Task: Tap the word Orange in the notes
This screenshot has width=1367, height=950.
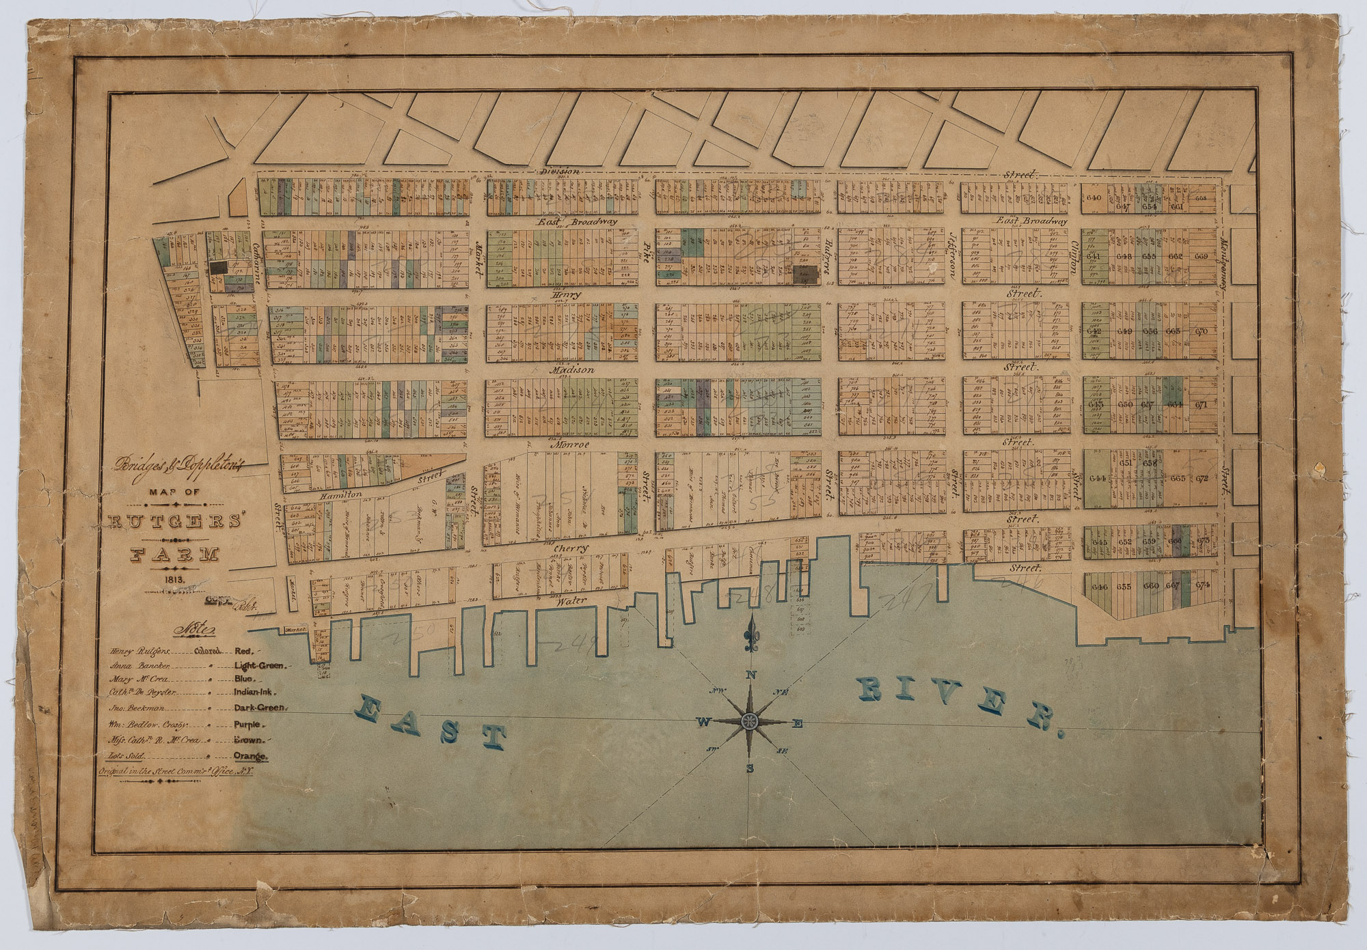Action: tap(252, 756)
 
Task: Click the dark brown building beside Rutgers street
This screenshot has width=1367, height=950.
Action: tap(805, 275)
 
